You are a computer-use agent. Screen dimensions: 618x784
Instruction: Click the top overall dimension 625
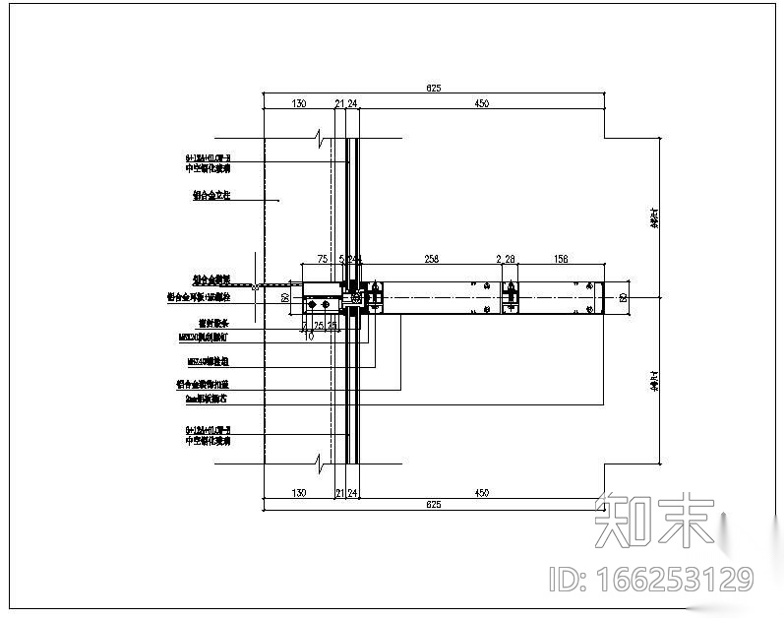(x=433, y=89)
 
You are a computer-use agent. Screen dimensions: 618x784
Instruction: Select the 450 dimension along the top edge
(x=482, y=102)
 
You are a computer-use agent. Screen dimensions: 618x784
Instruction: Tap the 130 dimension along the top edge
(x=299, y=102)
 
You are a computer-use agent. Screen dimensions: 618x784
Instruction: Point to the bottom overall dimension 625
(x=433, y=505)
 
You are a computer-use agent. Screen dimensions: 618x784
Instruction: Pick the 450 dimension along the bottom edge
(x=482, y=492)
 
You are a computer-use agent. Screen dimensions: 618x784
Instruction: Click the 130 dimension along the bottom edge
(x=299, y=492)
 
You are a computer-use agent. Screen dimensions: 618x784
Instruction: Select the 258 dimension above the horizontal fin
(x=430, y=260)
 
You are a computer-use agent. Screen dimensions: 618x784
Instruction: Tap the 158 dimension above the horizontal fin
(x=562, y=260)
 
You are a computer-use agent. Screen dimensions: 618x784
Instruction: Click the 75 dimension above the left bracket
(x=322, y=260)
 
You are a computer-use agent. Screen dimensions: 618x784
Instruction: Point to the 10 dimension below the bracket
(x=309, y=336)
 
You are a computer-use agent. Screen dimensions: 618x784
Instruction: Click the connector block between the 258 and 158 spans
(x=510, y=296)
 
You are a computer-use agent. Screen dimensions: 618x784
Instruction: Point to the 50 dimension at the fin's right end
(x=623, y=296)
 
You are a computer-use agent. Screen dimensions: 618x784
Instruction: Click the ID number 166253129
(x=650, y=579)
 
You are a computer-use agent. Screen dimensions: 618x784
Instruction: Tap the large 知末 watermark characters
(x=654, y=520)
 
